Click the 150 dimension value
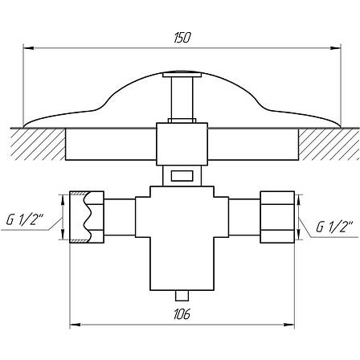182,38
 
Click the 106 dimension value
182,314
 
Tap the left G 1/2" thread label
25,220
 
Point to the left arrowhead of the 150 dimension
28,48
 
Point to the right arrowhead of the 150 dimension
336,48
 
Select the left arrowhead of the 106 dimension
75,325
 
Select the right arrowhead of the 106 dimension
289,325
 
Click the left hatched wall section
38,144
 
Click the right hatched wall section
329,144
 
